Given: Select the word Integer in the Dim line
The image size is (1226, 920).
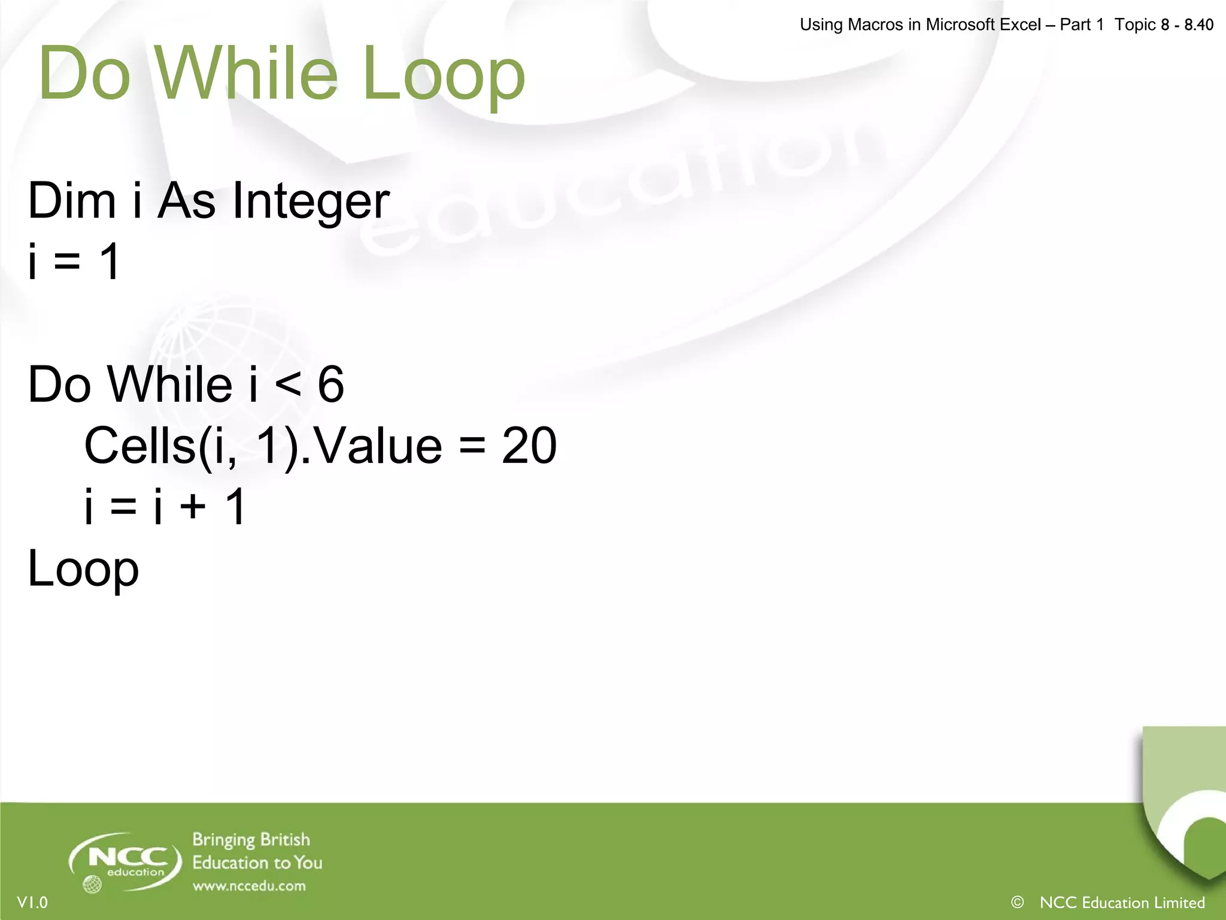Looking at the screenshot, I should (311, 201).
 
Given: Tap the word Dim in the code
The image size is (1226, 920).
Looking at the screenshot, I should (72, 201).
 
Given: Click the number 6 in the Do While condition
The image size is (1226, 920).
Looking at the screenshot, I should (330, 385).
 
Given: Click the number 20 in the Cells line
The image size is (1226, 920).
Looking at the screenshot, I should (529, 446).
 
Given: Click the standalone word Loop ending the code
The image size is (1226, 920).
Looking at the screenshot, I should (83, 570).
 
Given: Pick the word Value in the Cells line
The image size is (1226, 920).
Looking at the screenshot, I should (378, 446).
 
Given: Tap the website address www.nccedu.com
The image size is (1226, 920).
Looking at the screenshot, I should (249, 886).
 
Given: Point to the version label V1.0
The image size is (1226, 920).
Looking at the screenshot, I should (32, 903).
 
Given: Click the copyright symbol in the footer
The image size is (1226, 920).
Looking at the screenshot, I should (1017, 902).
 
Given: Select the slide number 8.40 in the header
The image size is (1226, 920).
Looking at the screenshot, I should (1198, 25).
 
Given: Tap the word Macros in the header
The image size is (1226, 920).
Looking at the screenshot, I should (876, 25).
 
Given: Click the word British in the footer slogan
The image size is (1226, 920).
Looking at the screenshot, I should (285, 840).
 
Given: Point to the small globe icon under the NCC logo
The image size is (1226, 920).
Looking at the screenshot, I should (92, 884).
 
